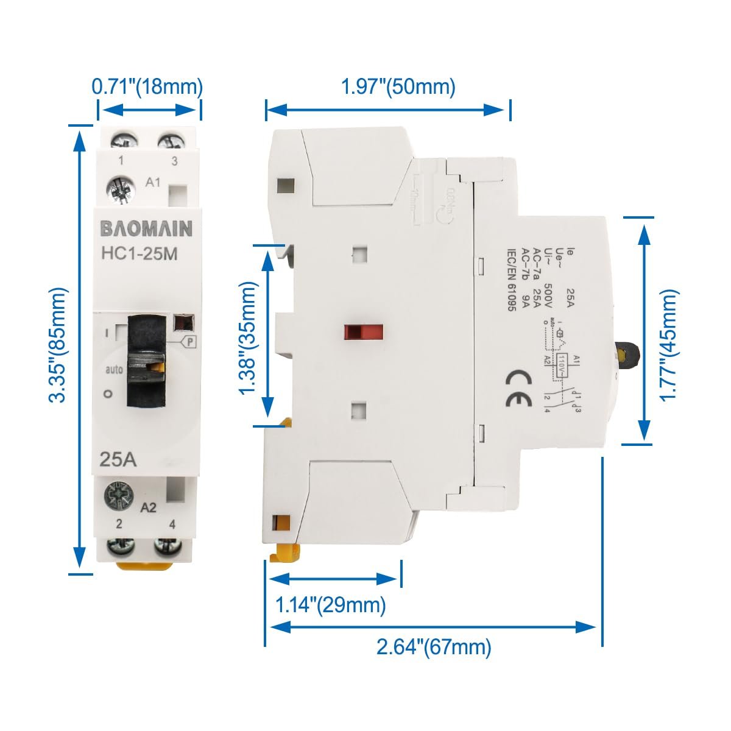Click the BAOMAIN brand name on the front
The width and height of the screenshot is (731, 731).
tap(146, 228)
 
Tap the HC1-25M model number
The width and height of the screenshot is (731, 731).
tap(139, 254)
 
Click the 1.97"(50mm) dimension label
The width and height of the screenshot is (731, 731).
tap(398, 87)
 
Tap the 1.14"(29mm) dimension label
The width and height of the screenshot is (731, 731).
tap(331, 605)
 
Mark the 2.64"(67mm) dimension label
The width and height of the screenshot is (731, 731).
tap(434, 646)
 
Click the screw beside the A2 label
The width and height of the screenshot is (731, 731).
tap(119, 494)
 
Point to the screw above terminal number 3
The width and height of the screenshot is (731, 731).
tap(171, 141)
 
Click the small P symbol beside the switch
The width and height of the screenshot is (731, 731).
tap(191, 342)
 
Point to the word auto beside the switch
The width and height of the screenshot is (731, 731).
tap(114, 369)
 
